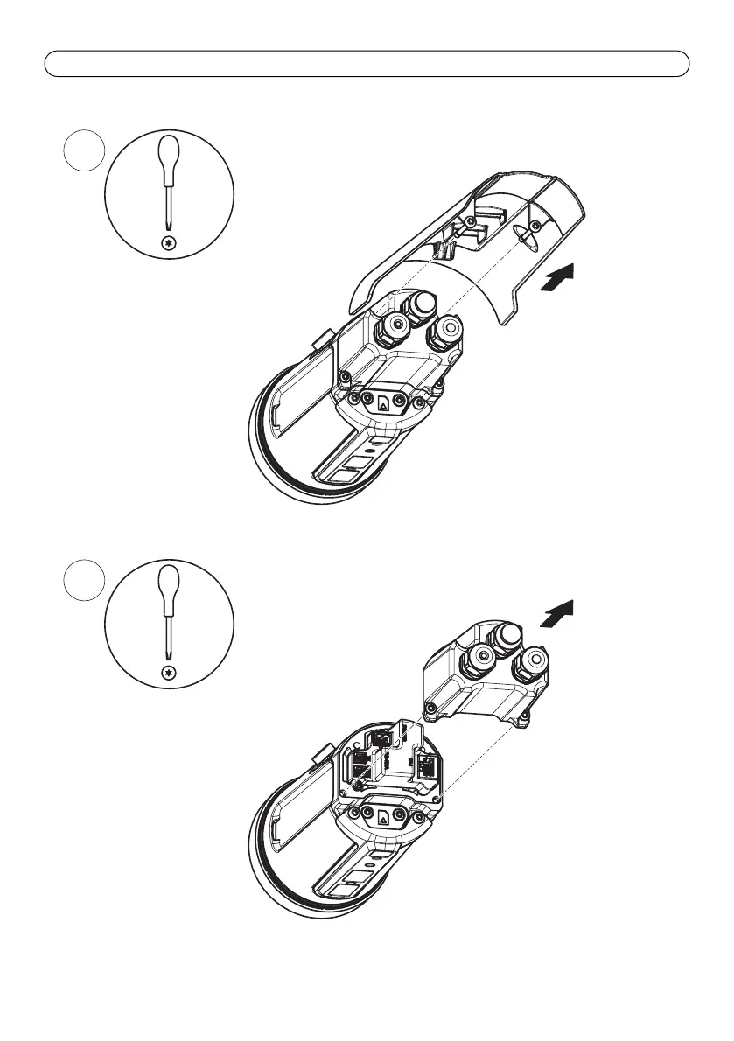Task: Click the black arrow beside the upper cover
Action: [561, 283]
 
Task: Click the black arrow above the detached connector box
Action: [558, 614]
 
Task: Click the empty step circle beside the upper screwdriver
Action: [86, 153]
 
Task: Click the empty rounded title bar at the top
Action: [367, 64]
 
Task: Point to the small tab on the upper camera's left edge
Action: [320, 338]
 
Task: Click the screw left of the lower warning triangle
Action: [357, 815]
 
